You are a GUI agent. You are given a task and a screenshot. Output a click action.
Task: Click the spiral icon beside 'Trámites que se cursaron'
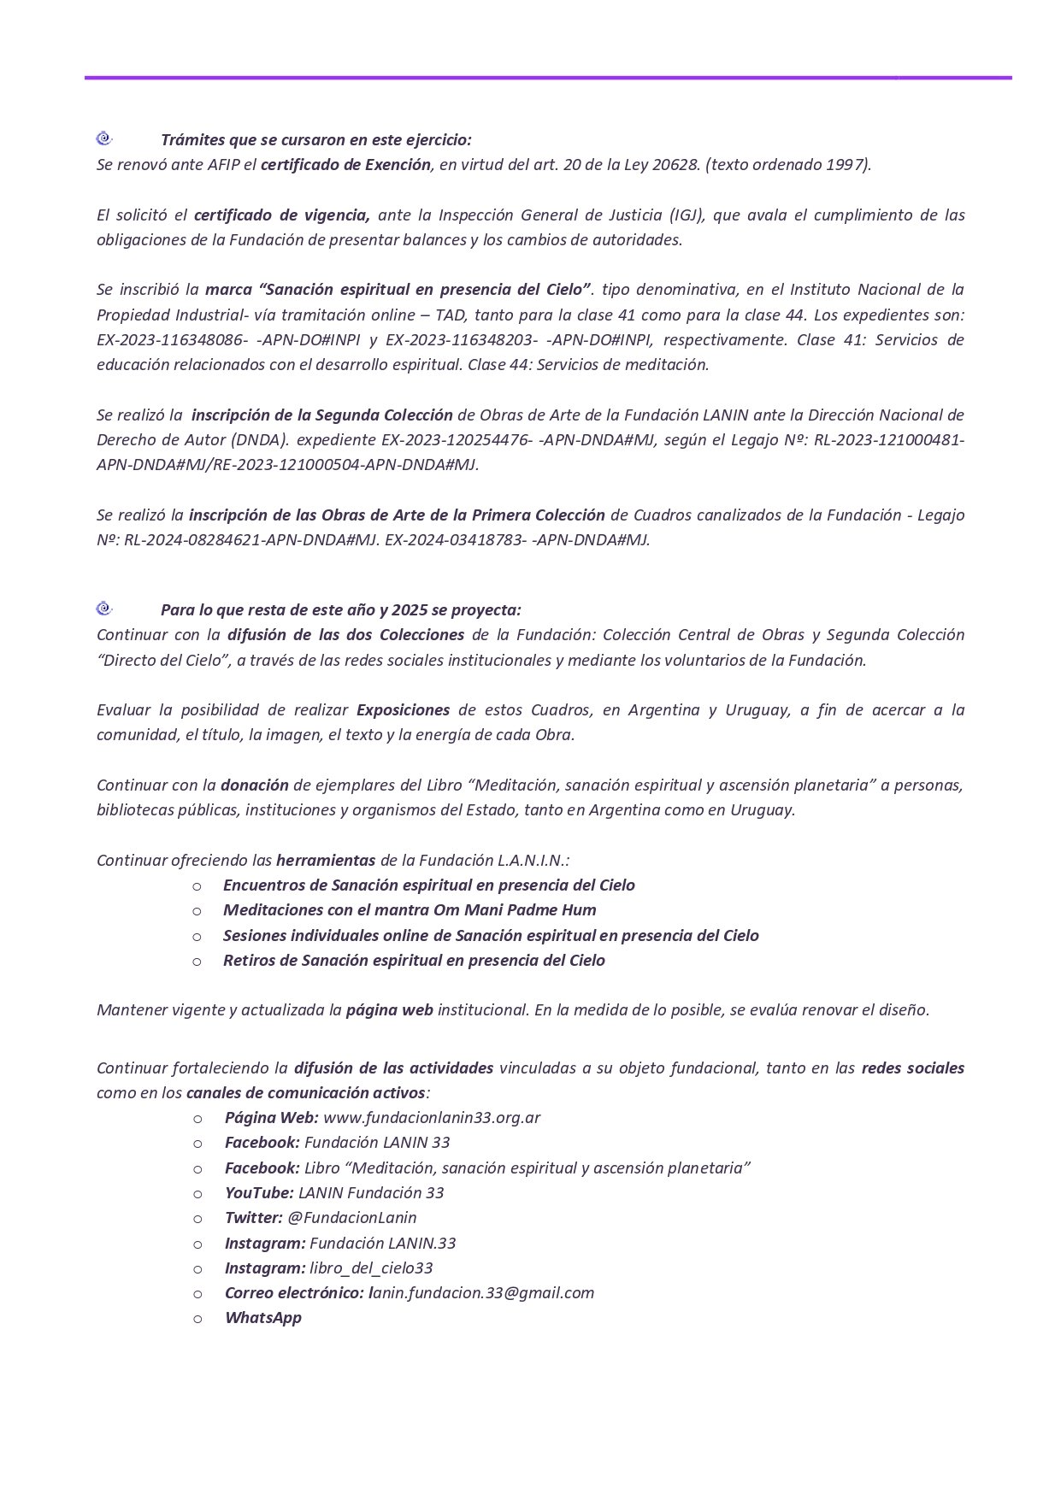pos(104,138)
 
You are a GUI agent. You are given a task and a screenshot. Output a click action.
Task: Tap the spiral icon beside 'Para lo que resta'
pos(104,609)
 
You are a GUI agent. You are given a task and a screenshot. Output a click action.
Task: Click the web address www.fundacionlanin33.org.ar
pos(432,1117)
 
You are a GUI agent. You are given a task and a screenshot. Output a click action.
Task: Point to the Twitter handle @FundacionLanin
pos(352,1217)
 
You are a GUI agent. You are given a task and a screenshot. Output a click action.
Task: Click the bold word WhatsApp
pos(263,1317)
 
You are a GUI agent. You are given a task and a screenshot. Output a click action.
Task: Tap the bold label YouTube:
pos(259,1192)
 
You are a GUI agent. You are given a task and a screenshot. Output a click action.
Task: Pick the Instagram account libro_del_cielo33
pos(371,1268)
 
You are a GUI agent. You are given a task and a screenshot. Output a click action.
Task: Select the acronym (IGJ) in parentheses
pos(681,215)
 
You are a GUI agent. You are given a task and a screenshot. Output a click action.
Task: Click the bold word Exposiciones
pos(403,709)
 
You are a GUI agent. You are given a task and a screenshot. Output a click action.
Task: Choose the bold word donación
pos(255,785)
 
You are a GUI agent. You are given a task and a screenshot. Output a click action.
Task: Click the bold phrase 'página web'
pos(389,1009)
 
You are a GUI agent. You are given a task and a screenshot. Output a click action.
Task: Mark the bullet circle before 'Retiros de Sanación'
pos(197,961)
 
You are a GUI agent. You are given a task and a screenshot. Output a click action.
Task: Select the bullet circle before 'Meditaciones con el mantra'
pos(197,910)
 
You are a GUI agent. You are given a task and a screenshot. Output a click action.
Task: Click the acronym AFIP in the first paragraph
pos(225,164)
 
